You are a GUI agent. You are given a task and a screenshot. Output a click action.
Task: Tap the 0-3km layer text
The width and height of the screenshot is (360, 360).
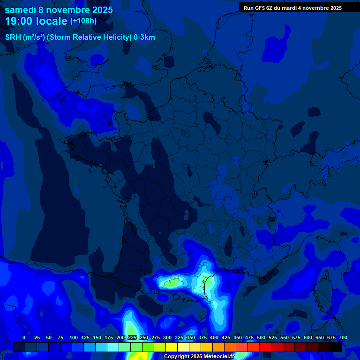[x=144, y=37]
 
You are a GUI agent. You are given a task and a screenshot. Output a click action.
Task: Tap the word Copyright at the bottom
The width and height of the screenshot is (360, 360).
[x=177, y=357]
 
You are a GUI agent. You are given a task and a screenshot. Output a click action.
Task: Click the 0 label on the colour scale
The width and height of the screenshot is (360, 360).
[x=24, y=337]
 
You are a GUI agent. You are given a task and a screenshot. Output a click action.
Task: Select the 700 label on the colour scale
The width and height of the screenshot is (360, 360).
[x=343, y=337]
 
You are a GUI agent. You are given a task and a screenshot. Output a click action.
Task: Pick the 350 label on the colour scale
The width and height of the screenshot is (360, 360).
[x=191, y=337]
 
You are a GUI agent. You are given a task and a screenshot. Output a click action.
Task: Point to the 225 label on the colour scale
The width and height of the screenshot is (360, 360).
[x=132, y=337]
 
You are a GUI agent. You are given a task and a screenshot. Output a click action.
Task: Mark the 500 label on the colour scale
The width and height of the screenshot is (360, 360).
[x=261, y=337]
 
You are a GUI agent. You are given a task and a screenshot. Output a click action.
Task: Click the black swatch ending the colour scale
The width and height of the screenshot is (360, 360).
[x=336, y=347]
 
